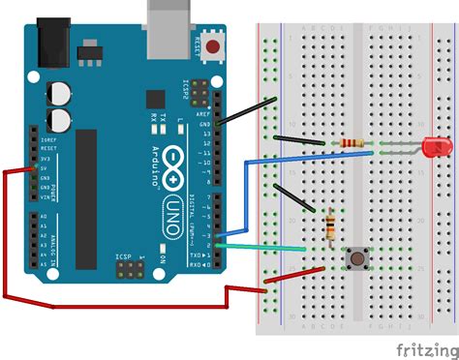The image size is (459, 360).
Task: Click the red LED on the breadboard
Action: coord(434,148)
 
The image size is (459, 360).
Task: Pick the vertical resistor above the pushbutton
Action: coord(333,225)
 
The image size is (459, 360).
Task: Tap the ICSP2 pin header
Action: coord(199,93)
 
